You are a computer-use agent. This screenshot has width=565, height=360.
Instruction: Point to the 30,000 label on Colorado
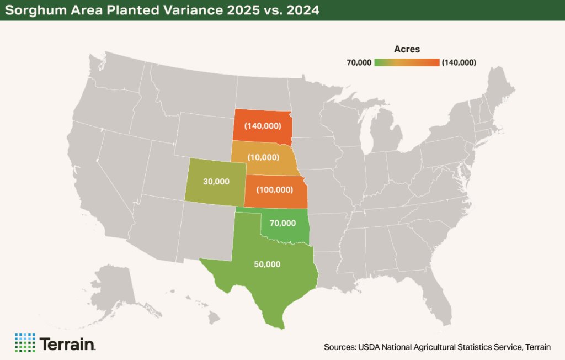pos(216,181)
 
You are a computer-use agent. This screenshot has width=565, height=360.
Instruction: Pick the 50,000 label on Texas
pos(267,264)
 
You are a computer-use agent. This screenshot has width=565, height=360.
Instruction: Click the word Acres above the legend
pos(407,49)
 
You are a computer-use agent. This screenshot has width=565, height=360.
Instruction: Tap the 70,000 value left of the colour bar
pos(359,62)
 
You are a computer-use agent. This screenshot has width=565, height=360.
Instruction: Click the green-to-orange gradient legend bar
pos(407,62)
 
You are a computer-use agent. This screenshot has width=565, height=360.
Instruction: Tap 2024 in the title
pos(301,10)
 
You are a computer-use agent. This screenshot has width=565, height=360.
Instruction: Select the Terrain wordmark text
pos(67,343)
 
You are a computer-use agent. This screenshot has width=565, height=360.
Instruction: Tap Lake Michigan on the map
pos(366,133)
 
